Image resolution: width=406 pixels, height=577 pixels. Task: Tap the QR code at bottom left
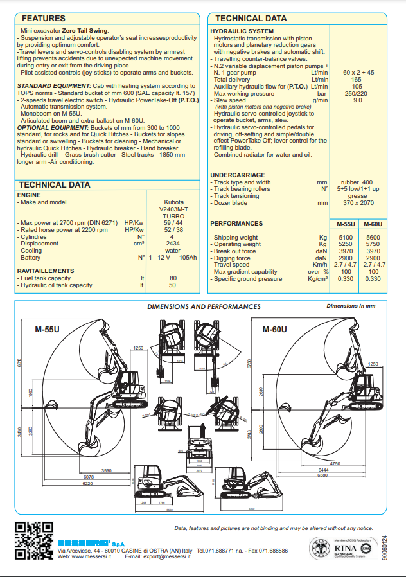coord(33,540)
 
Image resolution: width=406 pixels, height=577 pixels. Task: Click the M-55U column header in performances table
coord(346,224)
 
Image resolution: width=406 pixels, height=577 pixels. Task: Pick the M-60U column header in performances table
coord(373,224)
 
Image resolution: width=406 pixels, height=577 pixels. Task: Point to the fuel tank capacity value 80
coord(172,278)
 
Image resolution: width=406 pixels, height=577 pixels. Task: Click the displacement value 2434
coord(172,244)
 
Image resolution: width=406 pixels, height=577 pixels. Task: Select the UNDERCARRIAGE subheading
coord(238,175)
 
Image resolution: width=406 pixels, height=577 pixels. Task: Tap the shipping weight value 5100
coord(346,238)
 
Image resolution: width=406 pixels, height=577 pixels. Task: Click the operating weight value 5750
coord(373,244)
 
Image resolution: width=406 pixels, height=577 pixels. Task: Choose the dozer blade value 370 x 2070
coord(358,202)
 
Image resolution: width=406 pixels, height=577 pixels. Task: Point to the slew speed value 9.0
coord(358,100)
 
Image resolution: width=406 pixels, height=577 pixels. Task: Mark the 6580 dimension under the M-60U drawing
coord(331,475)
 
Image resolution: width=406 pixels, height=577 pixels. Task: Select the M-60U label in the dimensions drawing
coord(274,330)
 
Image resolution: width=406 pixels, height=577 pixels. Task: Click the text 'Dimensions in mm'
coord(351,306)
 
